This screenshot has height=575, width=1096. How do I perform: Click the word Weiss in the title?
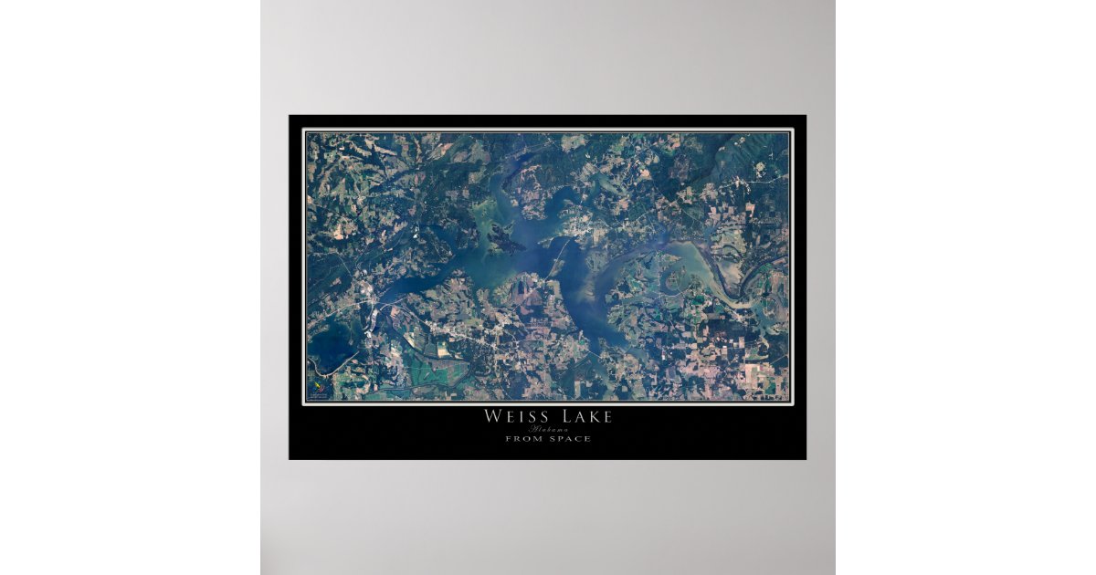click(517, 417)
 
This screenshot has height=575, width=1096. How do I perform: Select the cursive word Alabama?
click(547, 429)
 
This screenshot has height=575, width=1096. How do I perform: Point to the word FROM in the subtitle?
click(521, 439)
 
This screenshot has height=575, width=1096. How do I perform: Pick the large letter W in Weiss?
click(490, 417)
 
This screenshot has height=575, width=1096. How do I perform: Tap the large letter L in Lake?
click(560, 417)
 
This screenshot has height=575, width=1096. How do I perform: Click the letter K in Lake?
click(593, 417)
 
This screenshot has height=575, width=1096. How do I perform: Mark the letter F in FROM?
click(508, 439)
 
